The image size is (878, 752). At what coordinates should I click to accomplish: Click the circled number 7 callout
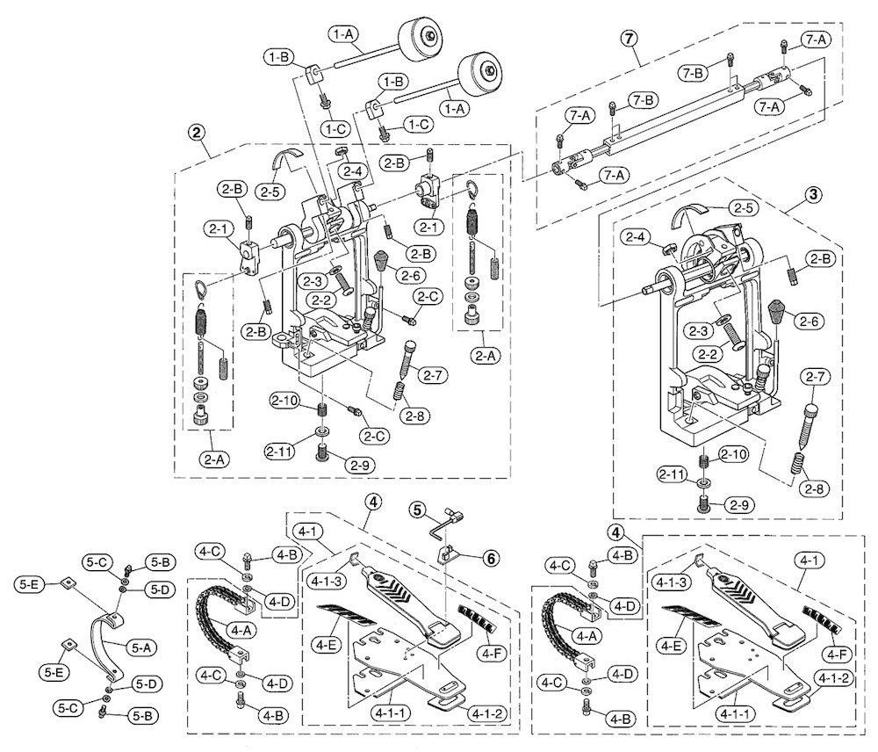tap(629, 39)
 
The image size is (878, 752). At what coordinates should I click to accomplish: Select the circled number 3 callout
tap(813, 194)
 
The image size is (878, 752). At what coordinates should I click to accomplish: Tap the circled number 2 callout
tap(196, 133)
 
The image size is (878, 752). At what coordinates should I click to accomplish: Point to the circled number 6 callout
tap(491, 558)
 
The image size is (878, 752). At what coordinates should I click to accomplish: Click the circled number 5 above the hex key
tap(416, 510)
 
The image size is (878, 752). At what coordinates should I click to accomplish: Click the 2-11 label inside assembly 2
tap(279, 451)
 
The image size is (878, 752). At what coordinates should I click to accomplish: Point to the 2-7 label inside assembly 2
tap(433, 375)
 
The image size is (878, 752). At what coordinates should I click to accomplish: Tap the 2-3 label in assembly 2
tap(312, 280)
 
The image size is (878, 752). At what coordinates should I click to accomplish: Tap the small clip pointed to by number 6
tap(448, 556)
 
